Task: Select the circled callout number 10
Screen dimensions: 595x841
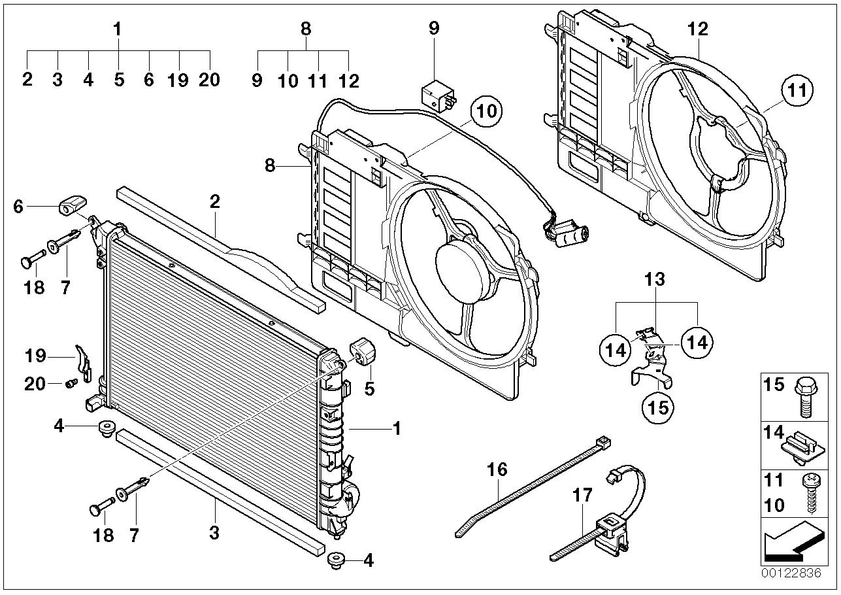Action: coord(486,111)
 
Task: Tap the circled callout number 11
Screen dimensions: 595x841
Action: coord(795,90)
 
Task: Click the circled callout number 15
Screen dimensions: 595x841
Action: coord(657,406)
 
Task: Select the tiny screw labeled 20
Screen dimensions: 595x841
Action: coord(69,382)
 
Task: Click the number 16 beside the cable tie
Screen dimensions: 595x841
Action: coord(496,469)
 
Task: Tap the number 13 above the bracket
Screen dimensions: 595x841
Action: coord(655,280)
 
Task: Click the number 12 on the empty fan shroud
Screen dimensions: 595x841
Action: coord(697,29)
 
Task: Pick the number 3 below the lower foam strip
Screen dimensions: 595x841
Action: coord(214,533)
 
